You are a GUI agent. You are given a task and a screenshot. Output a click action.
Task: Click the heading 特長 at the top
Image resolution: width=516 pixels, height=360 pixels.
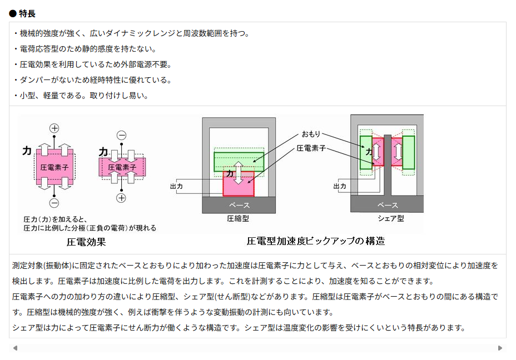[x=27, y=13]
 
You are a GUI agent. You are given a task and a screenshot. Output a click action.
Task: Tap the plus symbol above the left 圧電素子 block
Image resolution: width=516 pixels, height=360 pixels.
[x=54, y=128]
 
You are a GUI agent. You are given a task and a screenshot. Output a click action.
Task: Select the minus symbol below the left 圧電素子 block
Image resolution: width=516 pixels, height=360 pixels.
[x=54, y=203]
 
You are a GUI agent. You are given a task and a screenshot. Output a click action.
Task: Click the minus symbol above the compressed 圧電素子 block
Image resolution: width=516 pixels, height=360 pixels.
[x=121, y=136]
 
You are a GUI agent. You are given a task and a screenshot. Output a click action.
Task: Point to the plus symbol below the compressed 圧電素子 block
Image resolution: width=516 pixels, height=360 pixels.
[x=121, y=198]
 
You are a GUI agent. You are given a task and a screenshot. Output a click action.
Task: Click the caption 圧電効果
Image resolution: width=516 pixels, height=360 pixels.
[x=86, y=242]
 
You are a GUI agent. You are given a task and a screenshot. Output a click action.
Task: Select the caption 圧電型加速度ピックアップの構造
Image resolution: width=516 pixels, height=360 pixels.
[x=315, y=241]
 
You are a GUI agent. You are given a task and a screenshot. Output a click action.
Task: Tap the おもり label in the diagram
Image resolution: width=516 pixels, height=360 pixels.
[x=311, y=134]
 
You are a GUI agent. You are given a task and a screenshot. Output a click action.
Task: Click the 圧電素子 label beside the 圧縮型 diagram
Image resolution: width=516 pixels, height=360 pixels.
[x=311, y=148]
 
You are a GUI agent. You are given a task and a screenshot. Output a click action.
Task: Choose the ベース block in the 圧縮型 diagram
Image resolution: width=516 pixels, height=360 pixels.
[x=239, y=206]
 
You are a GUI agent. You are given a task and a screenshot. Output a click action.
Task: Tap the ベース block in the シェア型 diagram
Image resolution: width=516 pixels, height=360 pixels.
[x=388, y=205]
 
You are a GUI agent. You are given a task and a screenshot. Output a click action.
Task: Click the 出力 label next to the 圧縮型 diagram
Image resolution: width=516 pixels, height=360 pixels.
[x=176, y=187]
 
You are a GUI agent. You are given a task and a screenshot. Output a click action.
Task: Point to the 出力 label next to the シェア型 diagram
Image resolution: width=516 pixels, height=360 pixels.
[x=340, y=187]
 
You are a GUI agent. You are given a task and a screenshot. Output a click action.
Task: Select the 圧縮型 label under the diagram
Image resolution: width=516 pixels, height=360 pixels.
[x=239, y=218]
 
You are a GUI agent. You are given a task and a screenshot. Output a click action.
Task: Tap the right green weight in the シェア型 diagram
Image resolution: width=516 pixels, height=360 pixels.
[x=409, y=152]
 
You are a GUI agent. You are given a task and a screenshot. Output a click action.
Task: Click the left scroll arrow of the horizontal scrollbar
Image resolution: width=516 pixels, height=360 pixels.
[x=15, y=348]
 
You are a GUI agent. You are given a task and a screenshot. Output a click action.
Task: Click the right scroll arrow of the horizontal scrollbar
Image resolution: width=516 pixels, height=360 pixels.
[x=500, y=348]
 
